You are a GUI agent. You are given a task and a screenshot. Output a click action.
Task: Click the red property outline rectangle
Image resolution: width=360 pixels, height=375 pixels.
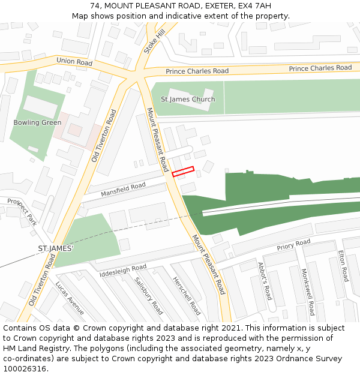point(184,172)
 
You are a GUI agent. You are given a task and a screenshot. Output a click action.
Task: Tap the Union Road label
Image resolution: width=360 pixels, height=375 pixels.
point(74,62)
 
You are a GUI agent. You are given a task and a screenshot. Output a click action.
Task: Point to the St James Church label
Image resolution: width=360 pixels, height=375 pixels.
point(188,99)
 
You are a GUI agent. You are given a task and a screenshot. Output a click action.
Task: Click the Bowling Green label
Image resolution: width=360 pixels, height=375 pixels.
point(37,122)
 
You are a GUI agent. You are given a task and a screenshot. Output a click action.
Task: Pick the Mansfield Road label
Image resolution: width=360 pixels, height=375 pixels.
point(123,190)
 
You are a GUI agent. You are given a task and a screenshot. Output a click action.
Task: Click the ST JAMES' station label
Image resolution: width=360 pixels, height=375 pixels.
point(55,248)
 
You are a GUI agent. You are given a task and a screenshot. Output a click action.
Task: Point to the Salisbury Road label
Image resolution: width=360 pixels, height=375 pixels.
point(148,295)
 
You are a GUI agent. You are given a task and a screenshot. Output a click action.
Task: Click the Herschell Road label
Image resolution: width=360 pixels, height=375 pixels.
point(186,296)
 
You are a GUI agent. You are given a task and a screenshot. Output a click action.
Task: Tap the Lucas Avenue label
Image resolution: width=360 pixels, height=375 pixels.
point(70,298)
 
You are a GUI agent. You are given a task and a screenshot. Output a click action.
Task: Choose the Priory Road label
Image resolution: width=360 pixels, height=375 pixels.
point(293,245)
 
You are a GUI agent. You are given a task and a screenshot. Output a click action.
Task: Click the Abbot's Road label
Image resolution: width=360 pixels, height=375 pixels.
point(265,281)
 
